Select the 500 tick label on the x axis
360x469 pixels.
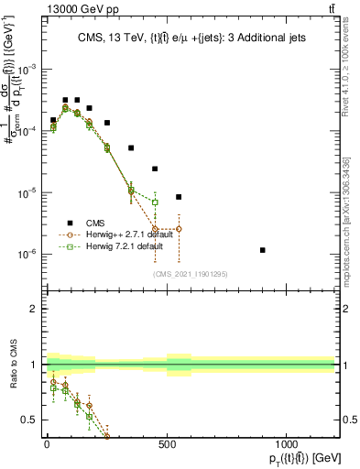point(167,443)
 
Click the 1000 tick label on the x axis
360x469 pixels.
point(287,443)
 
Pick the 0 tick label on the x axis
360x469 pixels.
point(47,443)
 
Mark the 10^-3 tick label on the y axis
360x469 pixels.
point(29,70)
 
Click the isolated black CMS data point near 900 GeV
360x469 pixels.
point(263,250)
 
